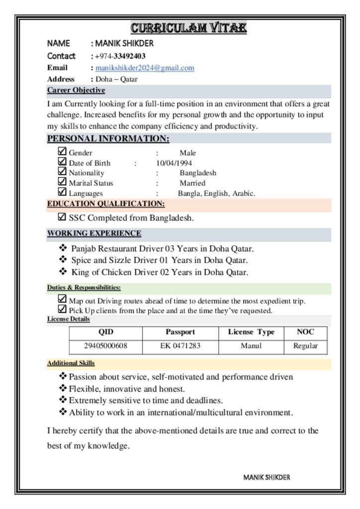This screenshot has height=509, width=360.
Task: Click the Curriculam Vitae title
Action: click(188, 27)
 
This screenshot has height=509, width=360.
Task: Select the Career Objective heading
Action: click(76, 90)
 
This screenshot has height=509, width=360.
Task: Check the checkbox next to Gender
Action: click(62, 152)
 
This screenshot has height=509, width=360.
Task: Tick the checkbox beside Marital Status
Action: click(62, 182)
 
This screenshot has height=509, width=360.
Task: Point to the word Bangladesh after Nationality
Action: click(198, 173)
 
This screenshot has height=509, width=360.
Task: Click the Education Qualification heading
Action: click(106, 204)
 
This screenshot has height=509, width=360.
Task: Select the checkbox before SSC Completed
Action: click(62, 217)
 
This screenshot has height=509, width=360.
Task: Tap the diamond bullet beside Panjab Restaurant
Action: click(63, 248)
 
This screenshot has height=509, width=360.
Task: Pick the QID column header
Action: click(105, 332)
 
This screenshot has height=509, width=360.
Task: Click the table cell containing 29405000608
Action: click(105, 346)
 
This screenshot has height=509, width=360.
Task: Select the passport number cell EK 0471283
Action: click(180, 346)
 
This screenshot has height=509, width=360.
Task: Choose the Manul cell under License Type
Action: click(251, 346)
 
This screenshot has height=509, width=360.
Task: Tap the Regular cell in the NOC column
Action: click(305, 346)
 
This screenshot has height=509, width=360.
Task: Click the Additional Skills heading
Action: click(71, 363)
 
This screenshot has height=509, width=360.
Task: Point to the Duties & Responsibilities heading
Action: click(84, 288)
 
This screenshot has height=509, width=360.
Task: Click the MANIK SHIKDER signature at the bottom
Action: click(267, 478)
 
